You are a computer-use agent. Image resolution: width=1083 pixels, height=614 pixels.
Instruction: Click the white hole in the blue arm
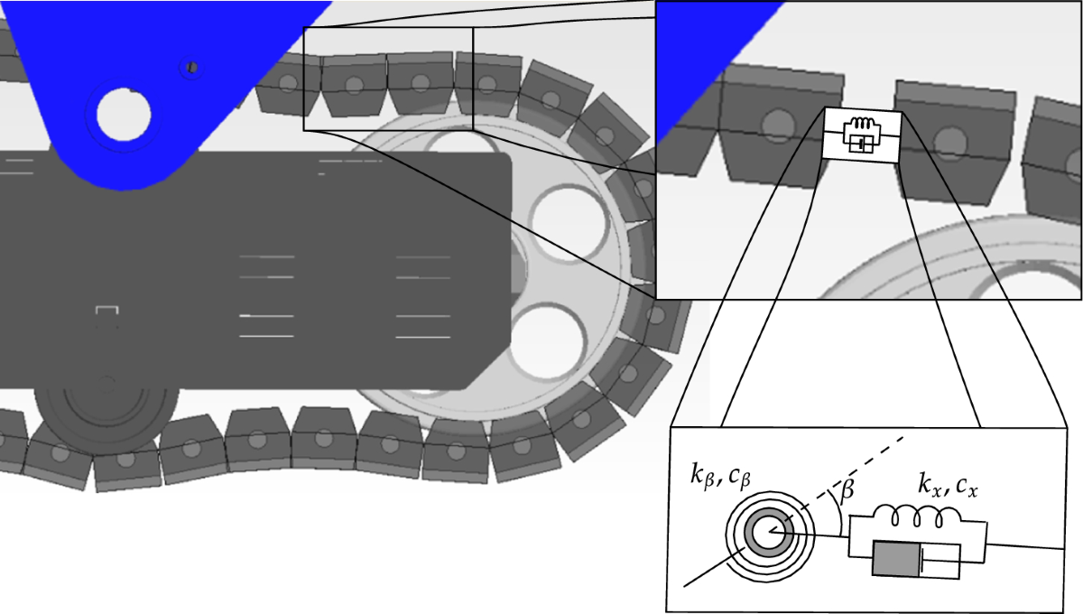(124, 115)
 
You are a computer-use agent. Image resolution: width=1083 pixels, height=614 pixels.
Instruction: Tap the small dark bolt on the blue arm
(192, 67)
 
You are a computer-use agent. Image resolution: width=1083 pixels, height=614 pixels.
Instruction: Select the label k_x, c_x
(948, 485)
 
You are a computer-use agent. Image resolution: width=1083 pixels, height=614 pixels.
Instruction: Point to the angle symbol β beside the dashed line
(847, 489)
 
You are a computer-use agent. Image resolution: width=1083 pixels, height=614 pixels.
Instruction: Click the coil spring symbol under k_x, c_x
(917, 516)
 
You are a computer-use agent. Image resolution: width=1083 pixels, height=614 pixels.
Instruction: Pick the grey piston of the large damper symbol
(896, 559)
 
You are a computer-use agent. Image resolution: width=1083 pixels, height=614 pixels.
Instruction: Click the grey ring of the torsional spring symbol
(768, 532)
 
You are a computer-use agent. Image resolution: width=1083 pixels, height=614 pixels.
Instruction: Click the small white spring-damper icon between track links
(862, 135)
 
